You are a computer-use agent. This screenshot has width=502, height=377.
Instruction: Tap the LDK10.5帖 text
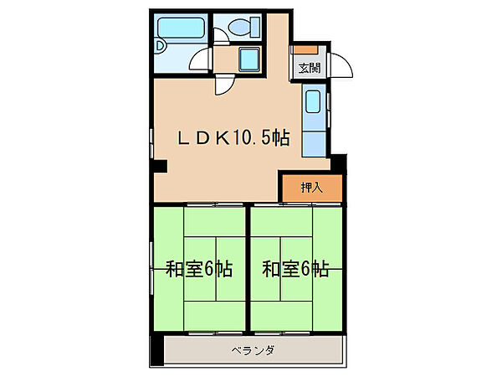232,138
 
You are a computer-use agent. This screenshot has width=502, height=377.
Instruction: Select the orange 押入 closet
311,188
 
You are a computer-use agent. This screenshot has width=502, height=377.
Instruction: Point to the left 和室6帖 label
198,270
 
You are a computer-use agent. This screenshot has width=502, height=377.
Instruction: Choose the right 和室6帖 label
295,270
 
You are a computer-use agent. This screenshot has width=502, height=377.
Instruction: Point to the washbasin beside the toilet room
249,60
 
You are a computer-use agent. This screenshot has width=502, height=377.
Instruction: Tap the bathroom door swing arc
201,60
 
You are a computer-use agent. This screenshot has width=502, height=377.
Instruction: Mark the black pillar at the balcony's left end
154,350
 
